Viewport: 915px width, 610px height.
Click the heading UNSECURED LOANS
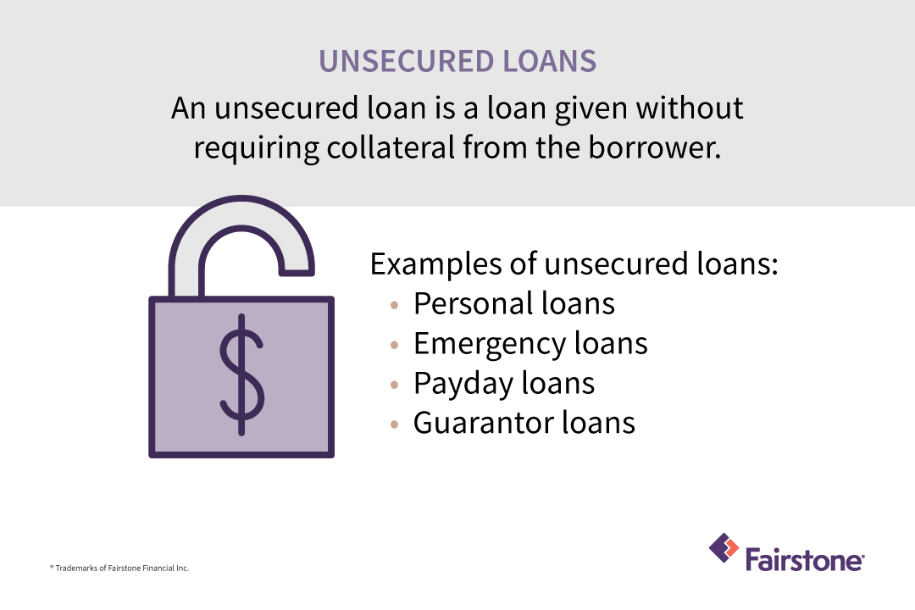pyautogui.click(x=457, y=62)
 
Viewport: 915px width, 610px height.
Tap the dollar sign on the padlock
pyautogui.click(x=241, y=374)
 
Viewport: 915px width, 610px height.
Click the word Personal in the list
pyautogui.click(x=464, y=303)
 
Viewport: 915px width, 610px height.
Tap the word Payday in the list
pyautogui.click(x=458, y=383)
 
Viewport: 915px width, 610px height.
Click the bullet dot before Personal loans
pyautogui.click(x=395, y=305)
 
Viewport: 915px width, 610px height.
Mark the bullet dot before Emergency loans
pyautogui.click(x=395, y=345)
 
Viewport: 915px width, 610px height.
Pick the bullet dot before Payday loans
pyautogui.click(x=395, y=385)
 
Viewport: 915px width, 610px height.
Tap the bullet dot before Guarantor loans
pyautogui.click(x=395, y=424)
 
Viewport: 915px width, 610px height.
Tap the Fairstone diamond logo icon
pyautogui.click(x=723, y=549)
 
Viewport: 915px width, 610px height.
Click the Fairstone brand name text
pyautogui.click(x=805, y=560)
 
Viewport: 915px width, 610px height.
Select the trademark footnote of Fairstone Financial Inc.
pyautogui.click(x=119, y=568)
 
